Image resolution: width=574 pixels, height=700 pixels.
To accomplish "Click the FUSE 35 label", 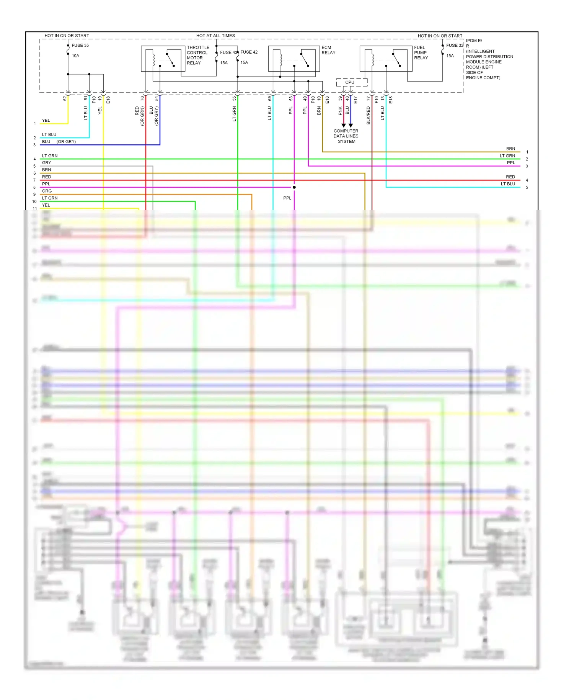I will tap(80, 45).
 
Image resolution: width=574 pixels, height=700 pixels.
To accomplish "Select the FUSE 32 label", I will tap(455, 45).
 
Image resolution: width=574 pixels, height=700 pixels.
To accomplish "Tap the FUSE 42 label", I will tap(249, 52).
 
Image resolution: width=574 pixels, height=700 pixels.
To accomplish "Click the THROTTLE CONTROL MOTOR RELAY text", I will tap(198, 55).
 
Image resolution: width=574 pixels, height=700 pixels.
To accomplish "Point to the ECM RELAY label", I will tap(328, 50).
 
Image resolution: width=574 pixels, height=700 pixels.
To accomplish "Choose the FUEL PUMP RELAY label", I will tap(421, 52).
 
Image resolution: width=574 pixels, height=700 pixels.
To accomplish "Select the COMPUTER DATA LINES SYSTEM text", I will tap(346, 136).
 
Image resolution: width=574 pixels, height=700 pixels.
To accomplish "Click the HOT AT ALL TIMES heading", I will tap(215, 36).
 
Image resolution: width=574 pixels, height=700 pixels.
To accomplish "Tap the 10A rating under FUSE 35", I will tap(75, 56).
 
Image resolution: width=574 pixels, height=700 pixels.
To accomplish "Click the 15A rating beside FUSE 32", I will tap(450, 56).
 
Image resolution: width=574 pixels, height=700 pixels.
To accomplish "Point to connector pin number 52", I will tap(65, 98).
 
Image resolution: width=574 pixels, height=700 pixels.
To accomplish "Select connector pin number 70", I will tap(142, 98).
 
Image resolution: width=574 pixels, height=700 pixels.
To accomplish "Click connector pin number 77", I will tap(369, 98).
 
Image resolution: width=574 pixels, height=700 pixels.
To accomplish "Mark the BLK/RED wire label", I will tap(369, 115).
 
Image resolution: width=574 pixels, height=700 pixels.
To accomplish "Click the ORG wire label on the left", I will tap(47, 191).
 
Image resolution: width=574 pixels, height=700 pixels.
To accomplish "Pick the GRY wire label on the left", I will tap(46, 163).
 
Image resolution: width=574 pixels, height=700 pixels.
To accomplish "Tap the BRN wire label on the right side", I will tap(510, 149).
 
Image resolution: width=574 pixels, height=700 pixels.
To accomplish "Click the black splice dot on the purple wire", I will tap(294, 187).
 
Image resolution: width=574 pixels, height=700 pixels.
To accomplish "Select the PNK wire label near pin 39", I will tap(340, 111).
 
